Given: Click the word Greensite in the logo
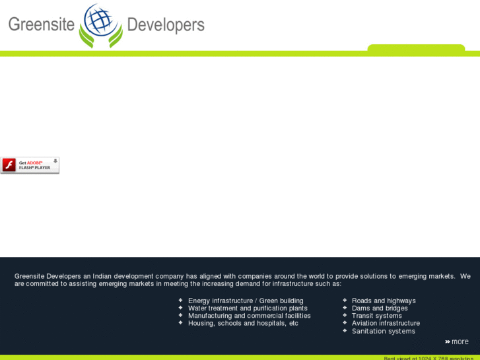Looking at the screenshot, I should pos(41,25).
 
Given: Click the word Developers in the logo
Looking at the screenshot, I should pos(166,25).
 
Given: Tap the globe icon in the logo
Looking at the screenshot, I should pos(100,21).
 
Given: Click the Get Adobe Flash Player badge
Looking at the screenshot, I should pos(30,165).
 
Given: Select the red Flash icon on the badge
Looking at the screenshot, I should pos(9,165).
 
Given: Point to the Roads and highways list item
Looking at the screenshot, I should pos(384,301).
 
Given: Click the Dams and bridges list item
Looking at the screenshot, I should pos(380,308).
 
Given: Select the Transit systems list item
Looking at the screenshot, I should pos(376,316).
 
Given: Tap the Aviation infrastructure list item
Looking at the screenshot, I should pos(386,324).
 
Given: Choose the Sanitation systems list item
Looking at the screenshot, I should pos(383,331).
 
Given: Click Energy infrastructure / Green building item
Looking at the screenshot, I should pos(246,301).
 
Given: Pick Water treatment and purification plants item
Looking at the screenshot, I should pos(248,308).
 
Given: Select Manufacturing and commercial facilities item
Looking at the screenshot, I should pos(249,316).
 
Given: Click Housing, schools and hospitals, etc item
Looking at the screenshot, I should pos(243,324).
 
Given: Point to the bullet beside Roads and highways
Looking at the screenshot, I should pos(345,300).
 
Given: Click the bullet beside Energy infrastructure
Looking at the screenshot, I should pos(180,300).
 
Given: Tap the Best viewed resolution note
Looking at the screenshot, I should pos(429,358).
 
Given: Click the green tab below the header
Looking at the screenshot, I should pos(416,48).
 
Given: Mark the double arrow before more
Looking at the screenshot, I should pos(447,342).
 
